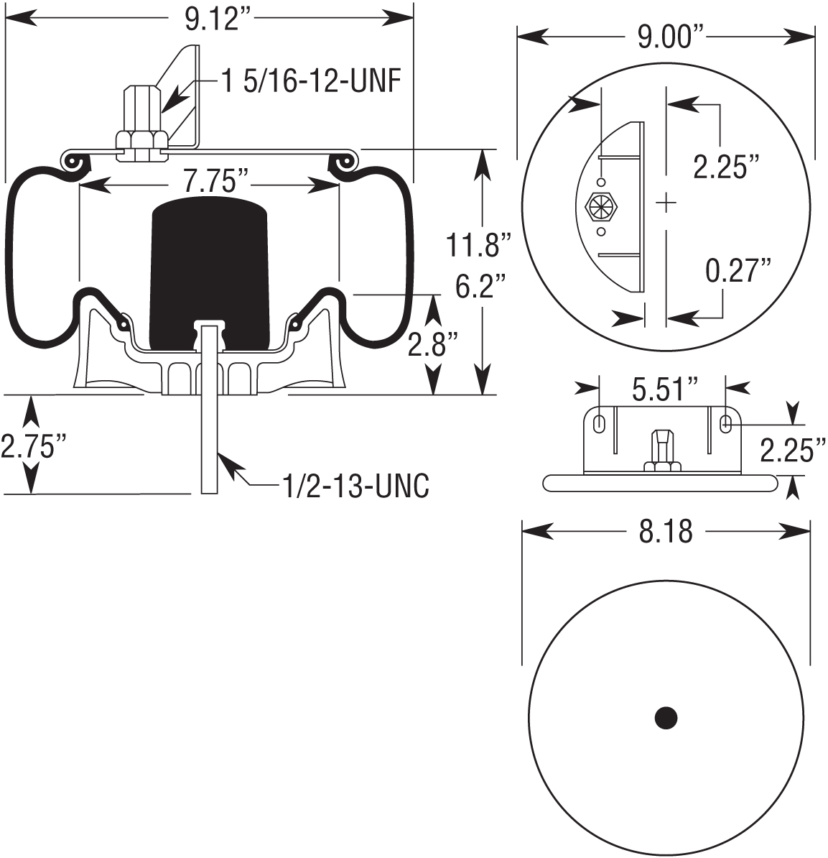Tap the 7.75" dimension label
(x=210, y=183)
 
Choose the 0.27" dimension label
(x=738, y=272)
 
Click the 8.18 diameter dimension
(x=664, y=532)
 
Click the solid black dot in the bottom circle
(x=666, y=717)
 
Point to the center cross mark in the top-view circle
(x=666, y=203)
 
